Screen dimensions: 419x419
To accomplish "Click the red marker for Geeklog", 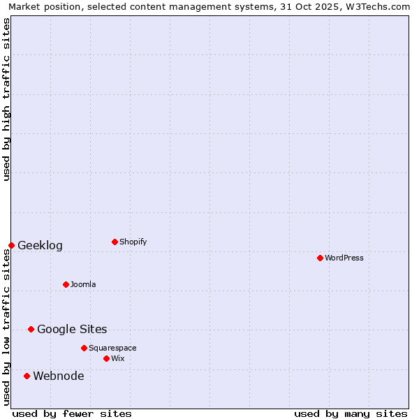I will point(11,245).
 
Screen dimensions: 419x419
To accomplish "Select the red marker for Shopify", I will point(115,242).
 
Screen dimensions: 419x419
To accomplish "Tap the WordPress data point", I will point(320,258).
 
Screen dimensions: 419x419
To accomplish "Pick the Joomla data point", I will point(66,284).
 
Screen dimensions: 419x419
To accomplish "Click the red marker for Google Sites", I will point(31,329).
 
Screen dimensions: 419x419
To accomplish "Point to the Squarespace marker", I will point(84,348).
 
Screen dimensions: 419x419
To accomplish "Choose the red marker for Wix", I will point(106,358).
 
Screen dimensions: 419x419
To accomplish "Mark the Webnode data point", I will point(27,376).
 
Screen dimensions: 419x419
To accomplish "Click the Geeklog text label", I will point(40,246).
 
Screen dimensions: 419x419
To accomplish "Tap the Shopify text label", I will point(133,242).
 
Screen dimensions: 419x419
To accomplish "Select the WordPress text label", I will point(344,258).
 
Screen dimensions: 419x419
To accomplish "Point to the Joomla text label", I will point(83,284).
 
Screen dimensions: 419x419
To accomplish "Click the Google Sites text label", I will point(72,330).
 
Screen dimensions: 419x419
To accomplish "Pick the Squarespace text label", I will point(112,348).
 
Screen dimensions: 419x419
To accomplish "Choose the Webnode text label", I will point(59,376).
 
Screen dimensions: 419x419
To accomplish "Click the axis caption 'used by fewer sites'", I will point(72,413).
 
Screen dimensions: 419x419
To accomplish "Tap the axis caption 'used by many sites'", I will point(351,413).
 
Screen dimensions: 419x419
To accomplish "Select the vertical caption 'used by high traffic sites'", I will point(7,99).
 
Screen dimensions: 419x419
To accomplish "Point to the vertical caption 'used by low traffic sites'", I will point(7,327).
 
